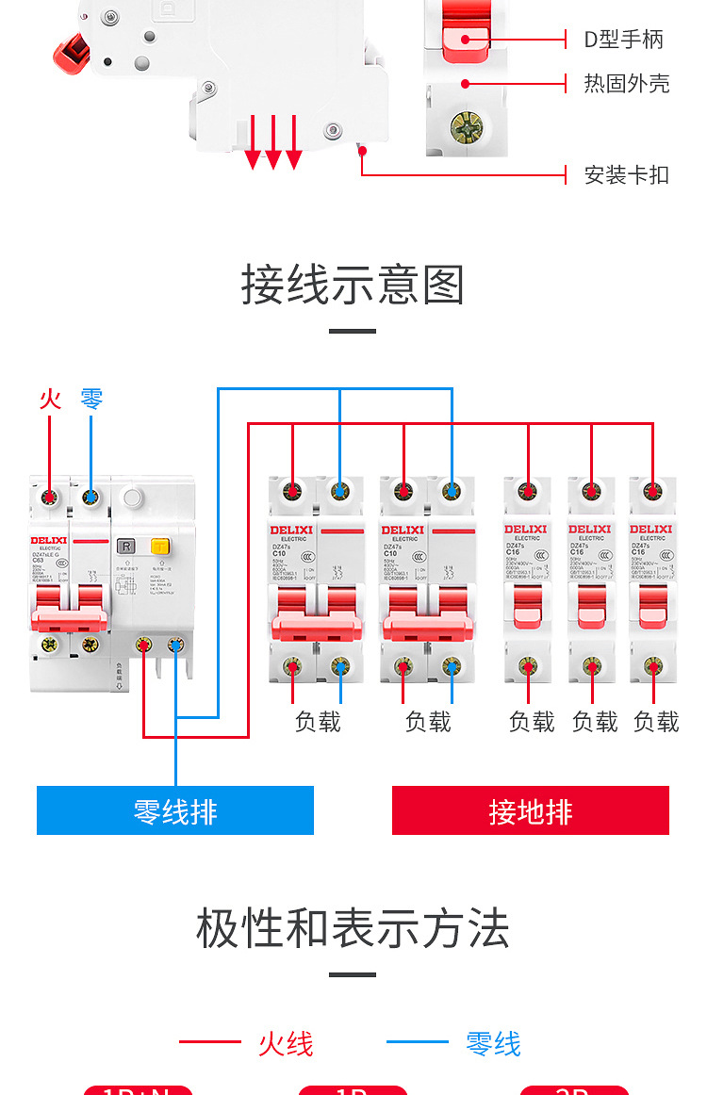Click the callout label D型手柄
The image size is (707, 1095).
click(x=623, y=40)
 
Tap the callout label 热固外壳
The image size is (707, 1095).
click(x=626, y=84)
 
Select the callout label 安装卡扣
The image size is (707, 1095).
click(x=626, y=174)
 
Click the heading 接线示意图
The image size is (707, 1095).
click(x=353, y=285)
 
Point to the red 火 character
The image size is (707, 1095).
click(x=50, y=400)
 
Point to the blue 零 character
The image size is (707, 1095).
click(x=91, y=400)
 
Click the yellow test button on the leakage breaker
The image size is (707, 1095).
click(x=160, y=546)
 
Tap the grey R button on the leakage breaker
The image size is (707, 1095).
click(x=125, y=546)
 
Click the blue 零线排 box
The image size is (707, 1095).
click(x=175, y=810)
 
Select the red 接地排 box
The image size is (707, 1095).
click(x=530, y=810)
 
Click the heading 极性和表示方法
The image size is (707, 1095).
click(x=353, y=929)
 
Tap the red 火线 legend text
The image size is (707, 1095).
click(x=285, y=1044)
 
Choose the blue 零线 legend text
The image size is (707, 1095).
click(x=492, y=1044)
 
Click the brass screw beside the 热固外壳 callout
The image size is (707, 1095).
click(x=466, y=125)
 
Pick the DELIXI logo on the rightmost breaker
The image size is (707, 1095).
click(x=651, y=530)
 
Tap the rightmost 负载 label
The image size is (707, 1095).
click(x=656, y=722)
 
